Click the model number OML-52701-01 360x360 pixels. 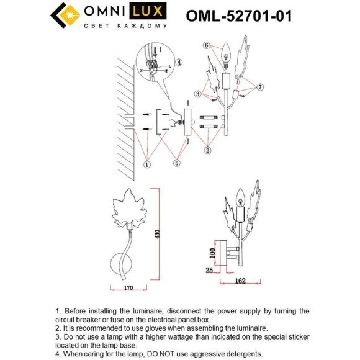tap(238, 16)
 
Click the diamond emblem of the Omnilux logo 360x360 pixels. tap(62, 16)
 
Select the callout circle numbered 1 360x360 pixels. tap(146, 164)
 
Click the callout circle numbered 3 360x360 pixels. tap(197, 94)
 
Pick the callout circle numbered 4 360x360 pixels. tap(179, 62)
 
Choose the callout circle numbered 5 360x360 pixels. tap(176, 164)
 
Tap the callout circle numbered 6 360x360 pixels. tap(207, 45)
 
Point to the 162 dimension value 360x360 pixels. tap(241, 281)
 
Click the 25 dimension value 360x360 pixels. tap(210, 271)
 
